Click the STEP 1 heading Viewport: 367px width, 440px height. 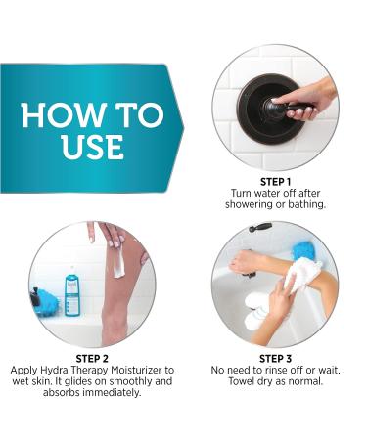(274, 181)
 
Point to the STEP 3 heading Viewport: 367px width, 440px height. (274, 357)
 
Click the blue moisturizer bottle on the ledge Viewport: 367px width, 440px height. (71, 291)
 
